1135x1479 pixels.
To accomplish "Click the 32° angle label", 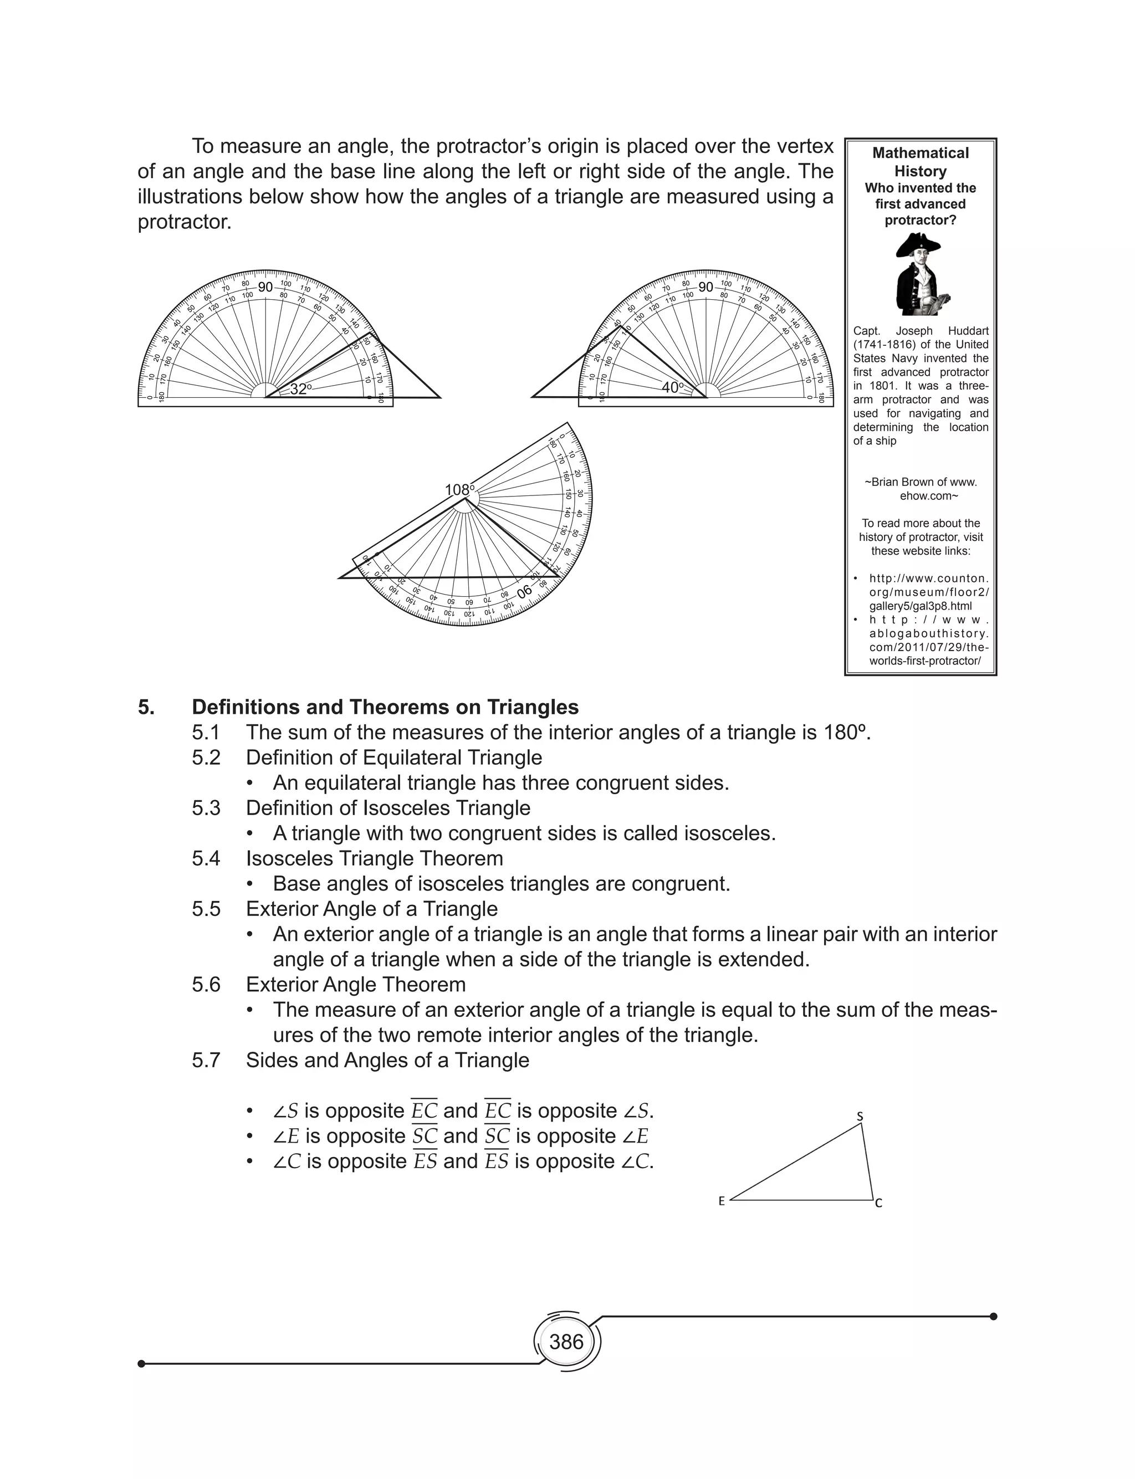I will (300, 389).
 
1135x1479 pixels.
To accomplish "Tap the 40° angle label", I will (672, 388).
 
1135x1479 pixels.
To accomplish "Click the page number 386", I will (566, 1341).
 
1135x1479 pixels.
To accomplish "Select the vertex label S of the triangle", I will (860, 1117).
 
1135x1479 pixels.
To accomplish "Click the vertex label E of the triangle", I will (722, 1201).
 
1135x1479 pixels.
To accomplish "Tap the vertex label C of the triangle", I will (878, 1204).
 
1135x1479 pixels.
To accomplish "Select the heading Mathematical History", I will (920, 162).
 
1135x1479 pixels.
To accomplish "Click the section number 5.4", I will (206, 858).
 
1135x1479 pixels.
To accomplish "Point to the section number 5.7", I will (206, 1060).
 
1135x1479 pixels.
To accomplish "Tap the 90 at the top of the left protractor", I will (265, 287).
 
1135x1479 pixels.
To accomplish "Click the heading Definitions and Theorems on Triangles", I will (385, 707).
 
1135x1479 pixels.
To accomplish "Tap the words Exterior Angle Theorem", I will (355, 985).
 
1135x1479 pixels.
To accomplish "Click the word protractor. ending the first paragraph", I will (185, 222).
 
